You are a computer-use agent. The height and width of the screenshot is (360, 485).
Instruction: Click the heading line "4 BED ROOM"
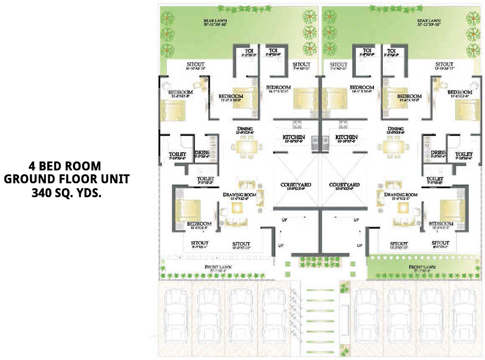click(65, 166)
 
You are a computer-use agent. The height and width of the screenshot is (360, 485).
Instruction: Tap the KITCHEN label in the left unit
click(294, 137)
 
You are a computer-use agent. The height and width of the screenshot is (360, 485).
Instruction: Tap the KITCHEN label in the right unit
click(346, 137)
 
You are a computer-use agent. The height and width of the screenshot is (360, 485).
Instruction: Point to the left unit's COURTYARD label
click(294, 185)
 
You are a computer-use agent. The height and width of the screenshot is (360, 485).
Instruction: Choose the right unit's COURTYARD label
click(344, 185)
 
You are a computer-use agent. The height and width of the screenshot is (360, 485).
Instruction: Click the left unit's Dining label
click(244, 129)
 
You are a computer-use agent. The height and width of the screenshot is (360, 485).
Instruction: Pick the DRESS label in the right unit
click(438, 153)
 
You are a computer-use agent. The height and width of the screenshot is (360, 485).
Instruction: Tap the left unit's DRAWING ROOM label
click(240, 195)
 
